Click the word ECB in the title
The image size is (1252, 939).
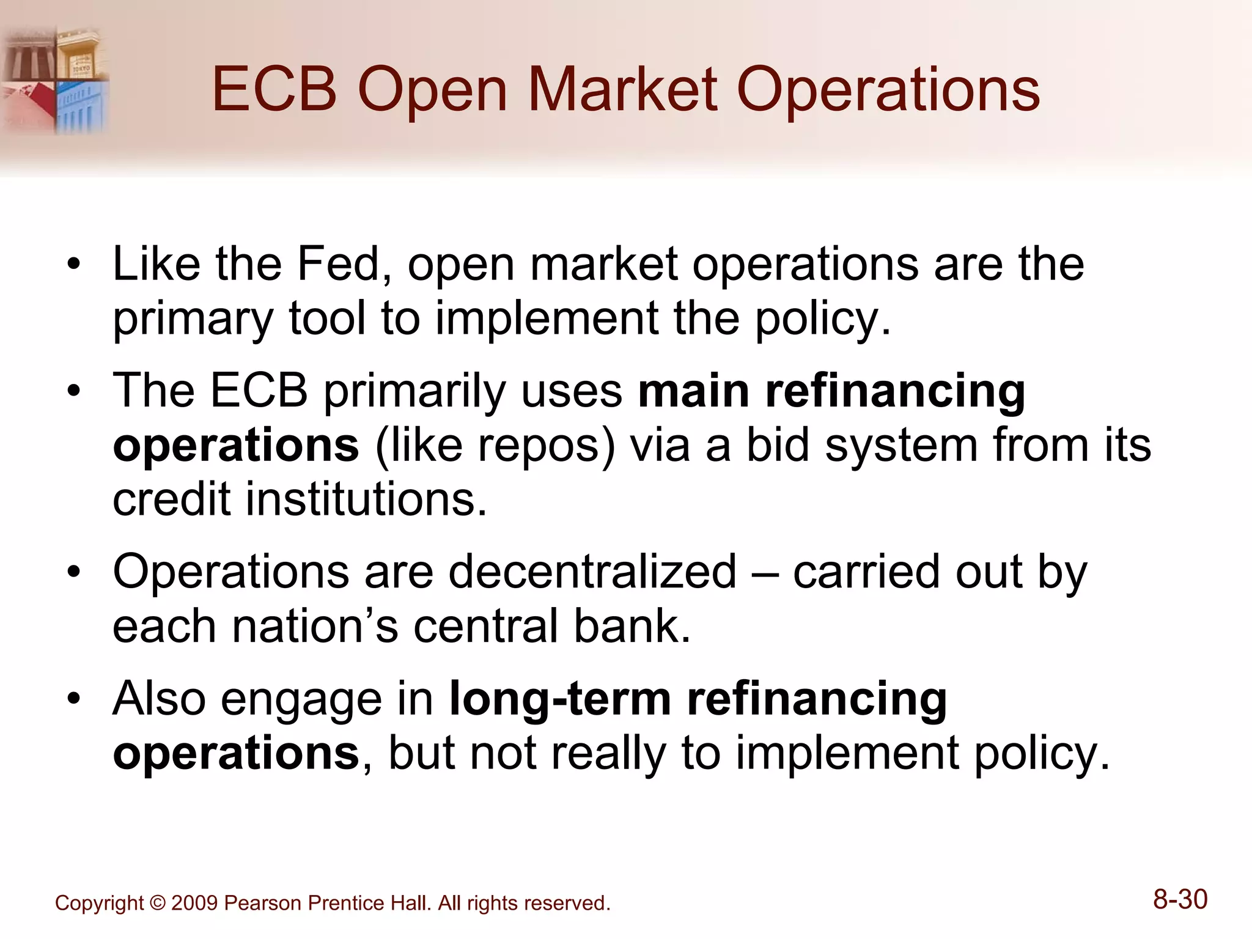point(274,90)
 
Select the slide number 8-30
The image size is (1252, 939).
point(1180,900)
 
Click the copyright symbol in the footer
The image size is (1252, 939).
point(157,903)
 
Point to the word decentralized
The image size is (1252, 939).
point(593,572)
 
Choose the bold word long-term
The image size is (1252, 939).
point(560,698)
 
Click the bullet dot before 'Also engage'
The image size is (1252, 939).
point(74,699)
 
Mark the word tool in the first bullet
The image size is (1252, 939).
point(327,318)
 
